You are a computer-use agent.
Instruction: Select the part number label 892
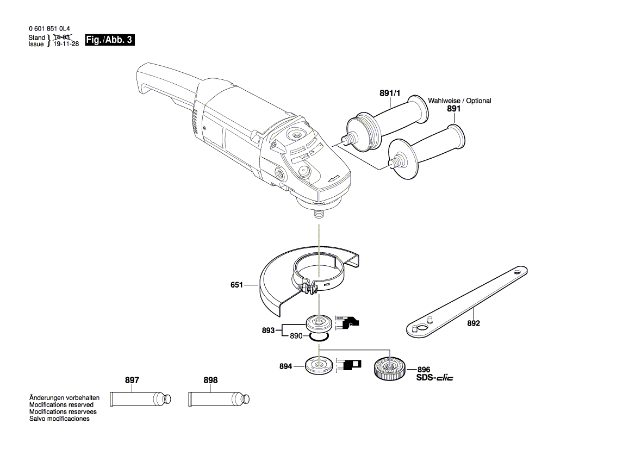(473, 323)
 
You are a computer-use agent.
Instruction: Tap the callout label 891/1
(389, 93)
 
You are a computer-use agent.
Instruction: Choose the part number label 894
(285, 367)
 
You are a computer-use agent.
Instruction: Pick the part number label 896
(424, 369)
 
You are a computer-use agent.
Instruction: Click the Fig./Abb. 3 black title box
(109, 40)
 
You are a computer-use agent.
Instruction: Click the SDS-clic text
(434, 377)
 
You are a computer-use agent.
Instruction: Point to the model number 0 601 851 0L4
(48, 30)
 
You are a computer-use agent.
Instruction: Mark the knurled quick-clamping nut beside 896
(387, 367)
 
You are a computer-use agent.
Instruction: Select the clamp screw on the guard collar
(308, 288)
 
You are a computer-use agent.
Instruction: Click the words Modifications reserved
(61, 405)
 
